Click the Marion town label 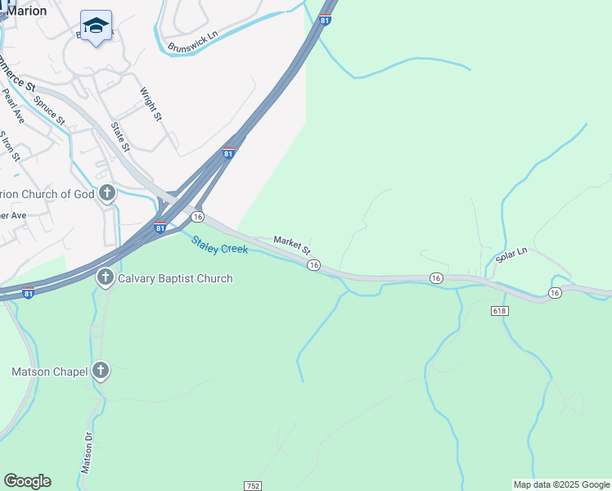click(x=27, y=11)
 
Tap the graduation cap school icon click(x=97, y=26)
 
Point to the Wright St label click(x=151, y=105)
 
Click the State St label click(x=120, y=137)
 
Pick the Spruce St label click(x=50, y=110)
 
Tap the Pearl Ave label click(x=14, y=107)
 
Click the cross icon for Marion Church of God click(x=106, y=194)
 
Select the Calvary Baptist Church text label click(x=175, y=278)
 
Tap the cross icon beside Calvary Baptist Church click(x=105, y=278)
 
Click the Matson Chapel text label click(x=49, y=372)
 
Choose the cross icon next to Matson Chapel click(x=100, y=372)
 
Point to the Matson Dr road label click(x=88, y=453)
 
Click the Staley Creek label click(x=219, y=244)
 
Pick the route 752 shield click(x=252, y=485)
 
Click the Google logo click(x=27, y=481)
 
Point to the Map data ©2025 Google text click(x=561, y=484)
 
